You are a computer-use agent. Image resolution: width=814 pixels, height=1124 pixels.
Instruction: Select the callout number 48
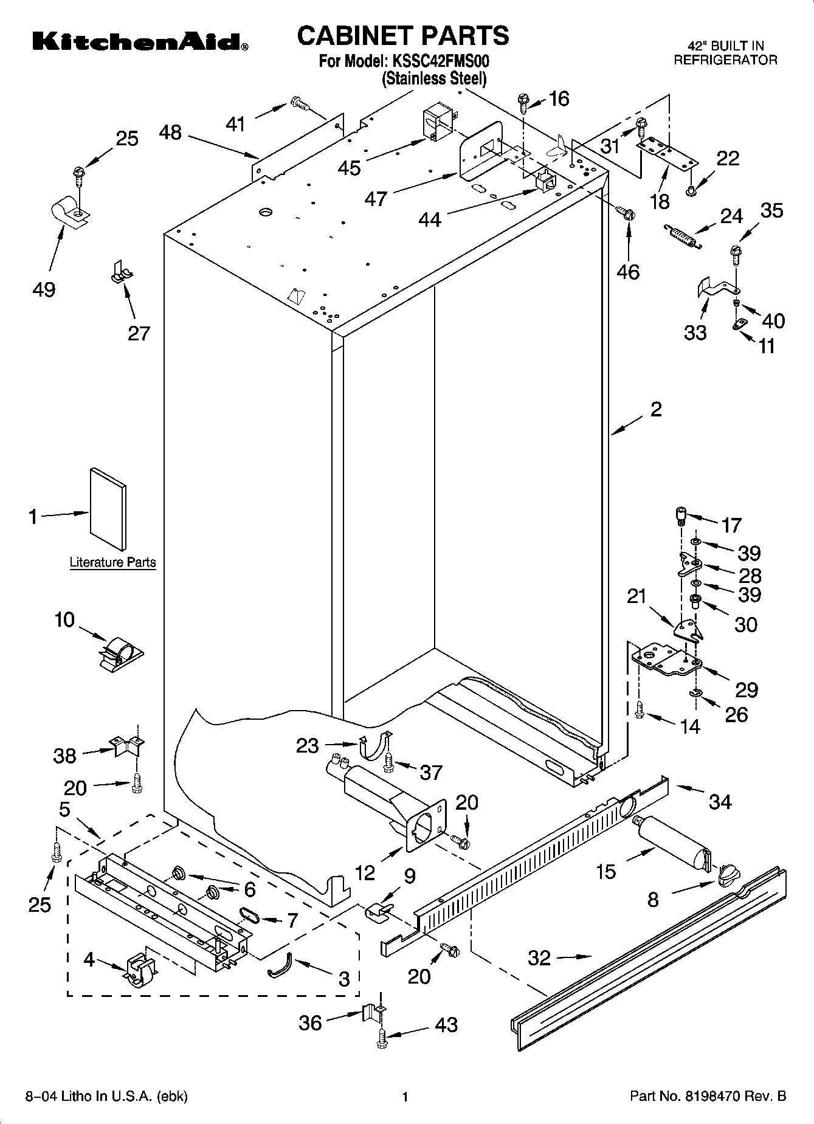click(x=171, y=132)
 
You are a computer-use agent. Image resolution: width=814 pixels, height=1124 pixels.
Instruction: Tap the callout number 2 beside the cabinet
click(x=656, y=410)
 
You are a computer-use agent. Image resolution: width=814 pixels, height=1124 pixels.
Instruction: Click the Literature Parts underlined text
click(x=112, y=562)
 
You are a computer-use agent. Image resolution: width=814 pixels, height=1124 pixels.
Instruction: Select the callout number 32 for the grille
click(x=539, y=958)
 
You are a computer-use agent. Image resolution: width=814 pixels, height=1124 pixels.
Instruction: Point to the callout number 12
click(x=365, y=872)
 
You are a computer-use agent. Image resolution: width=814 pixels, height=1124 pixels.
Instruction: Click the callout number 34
click(x=720, y=802)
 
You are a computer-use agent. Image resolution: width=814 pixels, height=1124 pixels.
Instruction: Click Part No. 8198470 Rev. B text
click(x=708, y=1096)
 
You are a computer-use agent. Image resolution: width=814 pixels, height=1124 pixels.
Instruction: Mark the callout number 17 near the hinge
click(x=731, y=525)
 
